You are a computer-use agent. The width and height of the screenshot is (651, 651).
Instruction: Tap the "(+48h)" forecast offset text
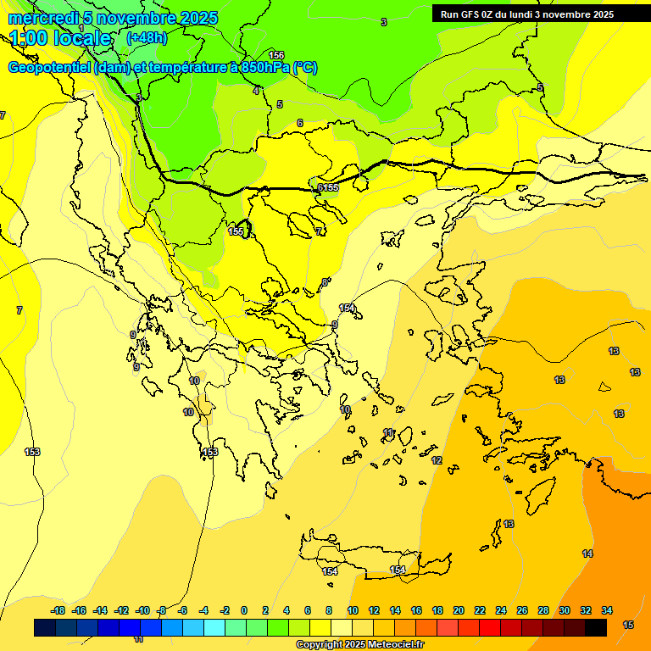147,38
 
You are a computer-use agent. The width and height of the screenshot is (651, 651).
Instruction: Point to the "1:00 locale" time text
60,39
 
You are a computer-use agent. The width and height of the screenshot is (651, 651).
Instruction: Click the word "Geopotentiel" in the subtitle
49,68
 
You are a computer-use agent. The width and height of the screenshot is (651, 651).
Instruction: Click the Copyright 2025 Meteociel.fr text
359,645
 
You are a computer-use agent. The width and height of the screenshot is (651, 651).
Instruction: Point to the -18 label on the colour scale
58,610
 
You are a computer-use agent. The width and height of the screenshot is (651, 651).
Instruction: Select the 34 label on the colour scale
607,610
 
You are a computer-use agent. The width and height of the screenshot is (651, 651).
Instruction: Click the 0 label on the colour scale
244,610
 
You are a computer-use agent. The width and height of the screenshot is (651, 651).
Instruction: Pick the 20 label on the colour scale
459,610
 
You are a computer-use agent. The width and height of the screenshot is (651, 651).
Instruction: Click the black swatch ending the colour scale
596,627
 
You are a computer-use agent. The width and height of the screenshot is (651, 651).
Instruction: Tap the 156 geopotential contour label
276,55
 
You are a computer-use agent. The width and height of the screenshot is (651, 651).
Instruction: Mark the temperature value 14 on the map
587,554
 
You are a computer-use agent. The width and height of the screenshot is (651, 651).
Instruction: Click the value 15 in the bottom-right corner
628,625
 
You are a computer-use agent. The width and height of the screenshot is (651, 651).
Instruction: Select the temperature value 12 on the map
437,460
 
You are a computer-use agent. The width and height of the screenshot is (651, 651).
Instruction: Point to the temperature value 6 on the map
299,124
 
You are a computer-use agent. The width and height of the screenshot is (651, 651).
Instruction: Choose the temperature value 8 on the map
324,282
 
